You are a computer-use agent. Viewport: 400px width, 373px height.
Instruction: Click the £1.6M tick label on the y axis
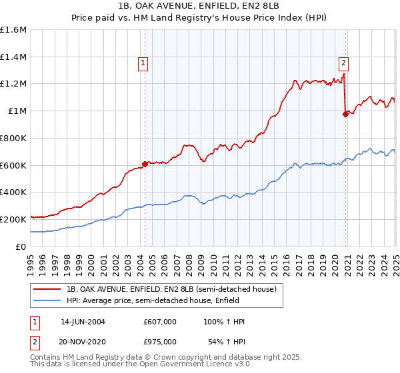pos(13,30)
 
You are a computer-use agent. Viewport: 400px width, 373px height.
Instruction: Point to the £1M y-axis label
pos(17,111)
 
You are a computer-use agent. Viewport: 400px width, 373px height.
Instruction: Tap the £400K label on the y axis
pos(13,192)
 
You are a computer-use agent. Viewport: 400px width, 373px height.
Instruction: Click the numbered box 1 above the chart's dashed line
pos(143,64)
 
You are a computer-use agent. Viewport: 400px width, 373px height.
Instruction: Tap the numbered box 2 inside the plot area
pos(343,64)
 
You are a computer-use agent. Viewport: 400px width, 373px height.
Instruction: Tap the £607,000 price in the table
pos(160,322)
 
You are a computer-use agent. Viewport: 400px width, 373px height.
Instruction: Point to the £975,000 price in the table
pos(160,341)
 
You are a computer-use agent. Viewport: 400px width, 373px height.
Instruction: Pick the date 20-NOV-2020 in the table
pos(83,341)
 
